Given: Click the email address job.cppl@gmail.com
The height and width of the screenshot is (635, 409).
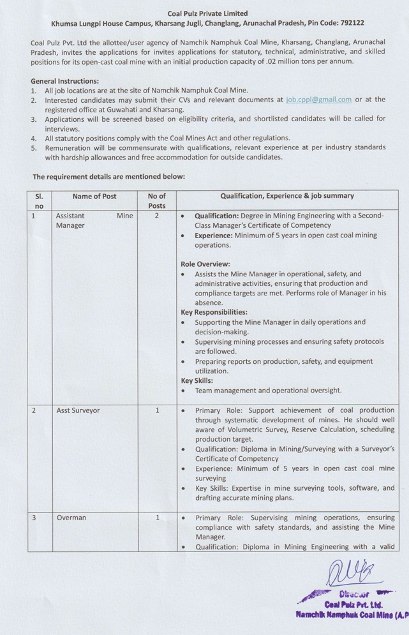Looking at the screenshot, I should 319,100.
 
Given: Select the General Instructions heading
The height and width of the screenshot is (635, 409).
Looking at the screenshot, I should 64,82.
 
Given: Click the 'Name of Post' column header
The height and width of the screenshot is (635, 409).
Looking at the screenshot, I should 94,196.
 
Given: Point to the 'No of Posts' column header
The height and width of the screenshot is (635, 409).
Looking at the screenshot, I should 156,200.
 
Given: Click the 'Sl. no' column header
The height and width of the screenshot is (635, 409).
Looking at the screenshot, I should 39,200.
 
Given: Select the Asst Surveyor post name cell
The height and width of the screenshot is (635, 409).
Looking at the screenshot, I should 78,410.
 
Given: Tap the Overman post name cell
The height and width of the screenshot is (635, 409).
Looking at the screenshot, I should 70,518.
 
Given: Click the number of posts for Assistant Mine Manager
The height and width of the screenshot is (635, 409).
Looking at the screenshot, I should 156,216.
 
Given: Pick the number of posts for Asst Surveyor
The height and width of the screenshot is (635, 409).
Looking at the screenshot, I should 157,410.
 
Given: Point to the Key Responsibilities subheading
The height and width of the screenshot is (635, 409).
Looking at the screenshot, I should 214,312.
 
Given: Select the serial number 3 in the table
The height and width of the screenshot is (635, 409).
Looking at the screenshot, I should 33,518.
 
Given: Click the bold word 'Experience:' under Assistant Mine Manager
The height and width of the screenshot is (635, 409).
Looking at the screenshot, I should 213,235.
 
